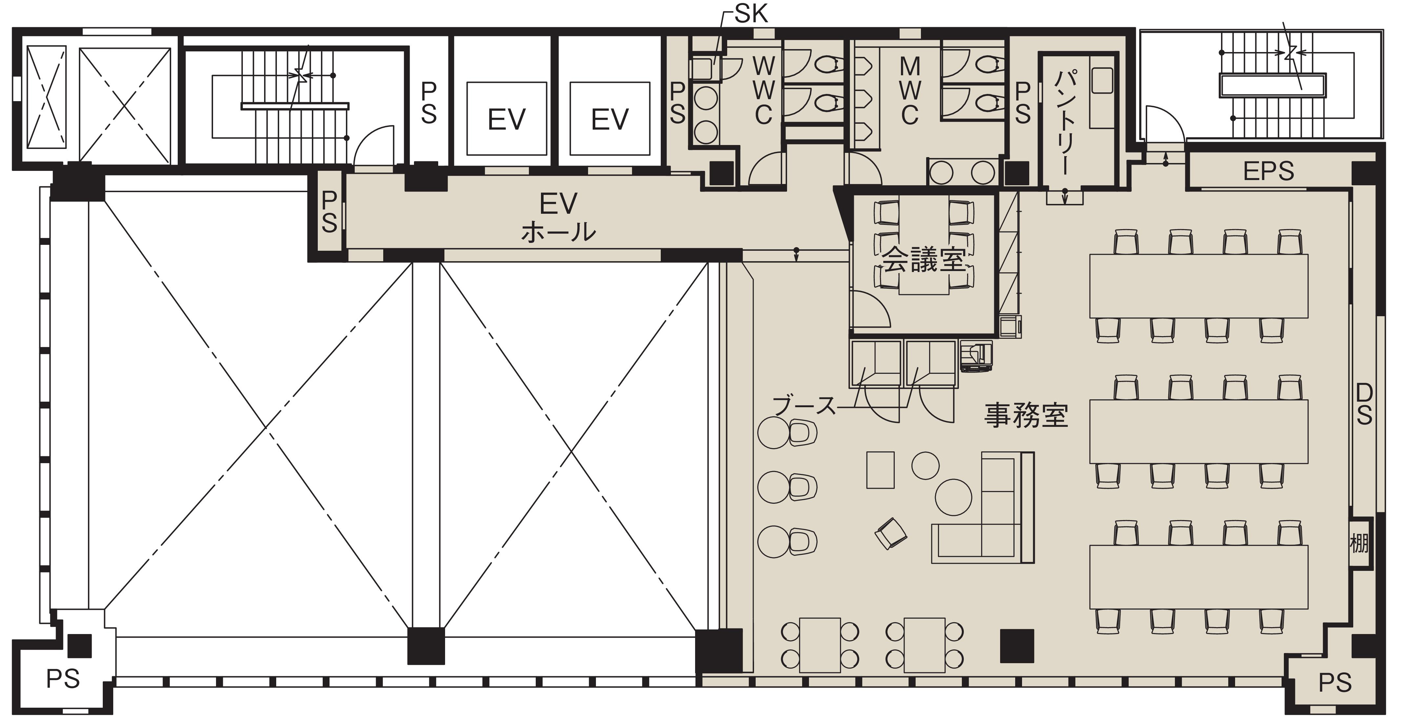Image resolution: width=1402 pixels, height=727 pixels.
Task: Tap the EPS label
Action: point(1268,172)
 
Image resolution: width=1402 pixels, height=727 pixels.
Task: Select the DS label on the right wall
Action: point(1364,404)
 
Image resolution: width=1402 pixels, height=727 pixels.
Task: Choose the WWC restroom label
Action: point(763,90)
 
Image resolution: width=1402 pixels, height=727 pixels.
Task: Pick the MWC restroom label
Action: point(910,90)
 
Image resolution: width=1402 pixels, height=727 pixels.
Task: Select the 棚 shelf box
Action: point(1359,542)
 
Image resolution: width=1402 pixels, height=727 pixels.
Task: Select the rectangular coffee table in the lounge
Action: point(880,470)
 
